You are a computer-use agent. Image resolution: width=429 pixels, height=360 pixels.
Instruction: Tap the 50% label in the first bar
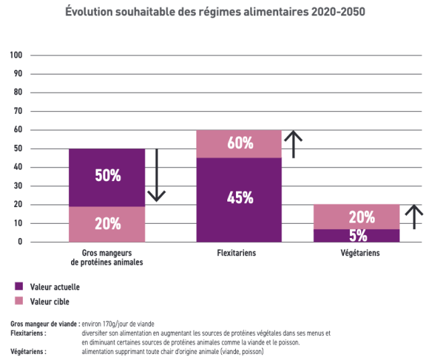pyautogui.click(x=107, y=176)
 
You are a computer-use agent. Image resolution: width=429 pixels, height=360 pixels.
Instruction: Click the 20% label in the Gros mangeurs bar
pyautogui.click(x=107, y=224)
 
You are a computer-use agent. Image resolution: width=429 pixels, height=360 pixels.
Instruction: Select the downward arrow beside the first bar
pyautogui.click(x=156, y=175)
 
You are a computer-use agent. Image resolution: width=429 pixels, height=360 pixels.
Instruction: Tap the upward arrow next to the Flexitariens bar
pyautogui.click(x=293, y=143)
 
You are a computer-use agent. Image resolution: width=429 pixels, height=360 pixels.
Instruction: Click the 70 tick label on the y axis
pyautogui.click(x=19, y=111)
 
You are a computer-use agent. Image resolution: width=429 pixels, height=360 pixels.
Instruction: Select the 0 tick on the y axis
pyautogui.click(x=21, y=242)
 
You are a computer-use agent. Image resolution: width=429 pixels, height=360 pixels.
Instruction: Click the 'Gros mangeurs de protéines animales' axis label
pyautogui.click(x=107, y=258)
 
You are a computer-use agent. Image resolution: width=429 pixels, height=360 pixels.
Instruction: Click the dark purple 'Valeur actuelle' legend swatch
pyautogui.click(x=18, y=286)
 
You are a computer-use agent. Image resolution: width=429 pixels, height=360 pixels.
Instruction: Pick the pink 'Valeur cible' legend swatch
pyautogui.click(x=18, y=301)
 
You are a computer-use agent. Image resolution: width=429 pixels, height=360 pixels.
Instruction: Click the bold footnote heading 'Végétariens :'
pyautogui.click(x=29, y=351)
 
